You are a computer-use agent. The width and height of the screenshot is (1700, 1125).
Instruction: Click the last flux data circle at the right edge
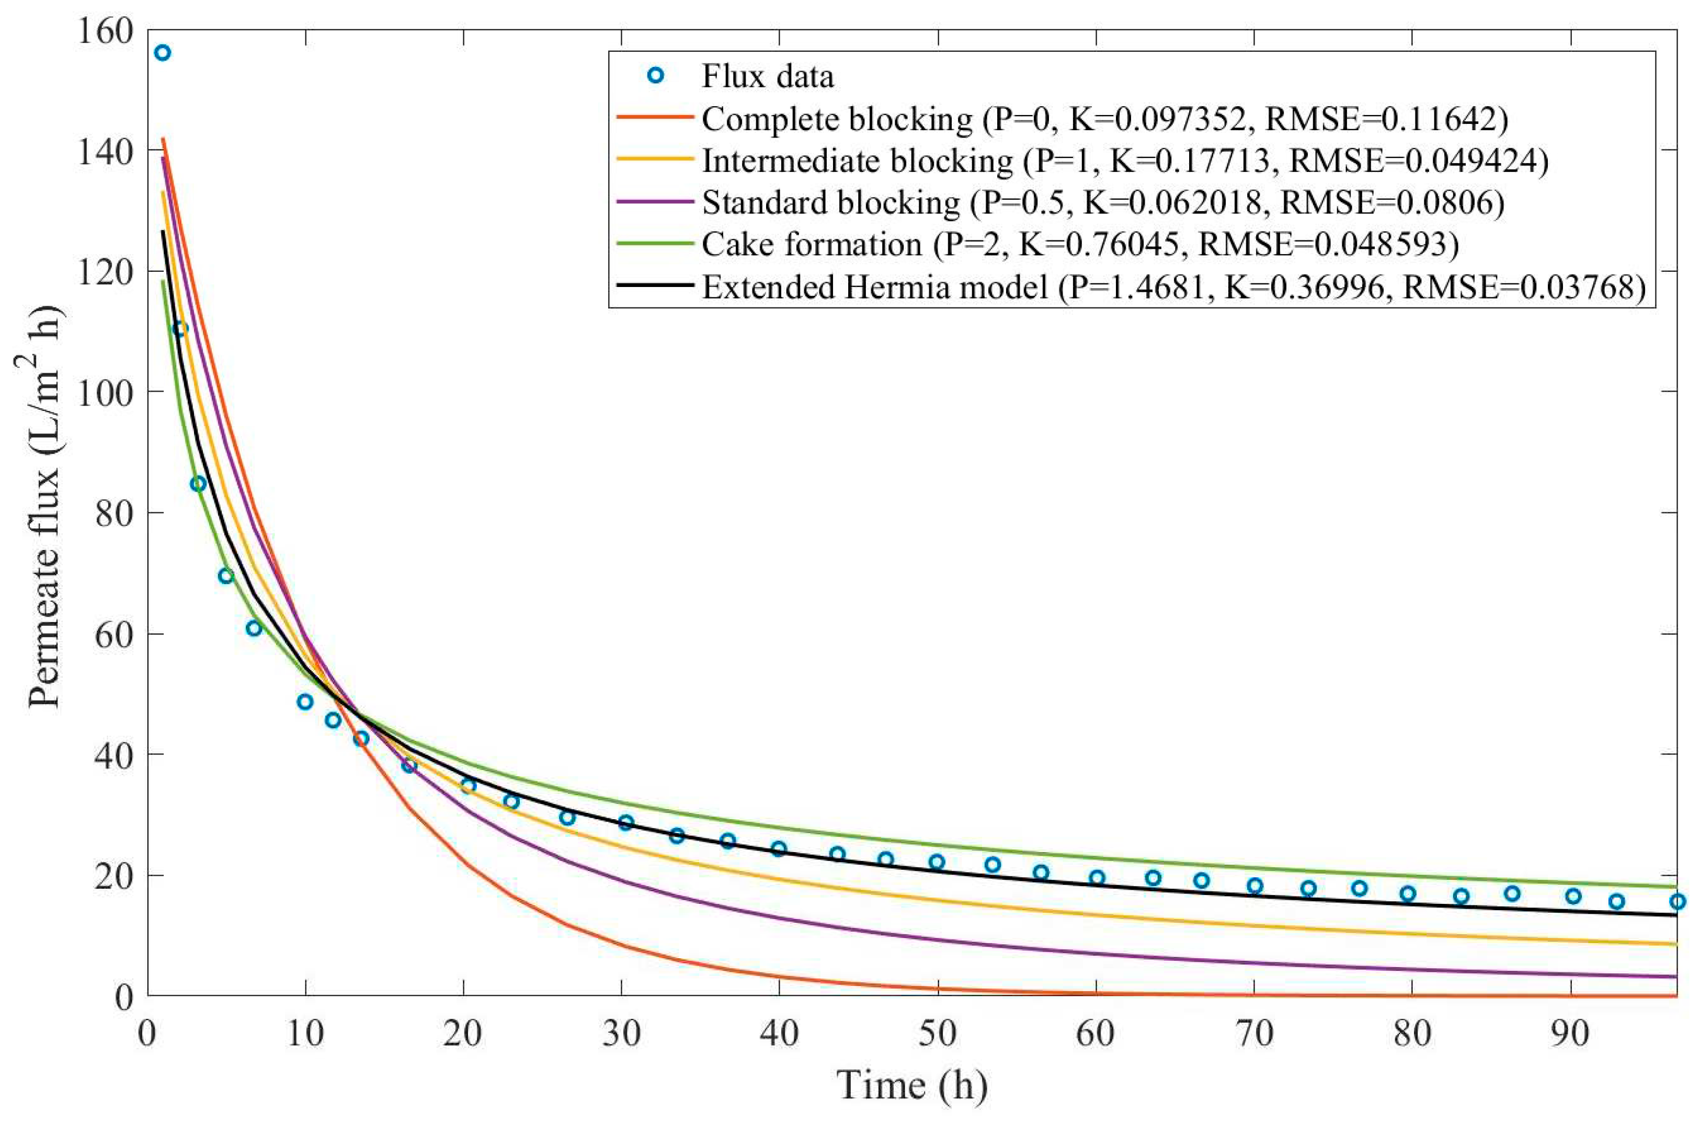(1677, 901)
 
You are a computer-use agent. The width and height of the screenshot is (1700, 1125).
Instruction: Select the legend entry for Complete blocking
(1104, 119)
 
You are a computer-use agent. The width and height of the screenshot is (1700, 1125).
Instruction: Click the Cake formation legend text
(1079, 245)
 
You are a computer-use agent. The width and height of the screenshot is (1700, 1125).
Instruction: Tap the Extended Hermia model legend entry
(1172, 287)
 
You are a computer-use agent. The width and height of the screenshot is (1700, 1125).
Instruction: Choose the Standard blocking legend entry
(1102, 203)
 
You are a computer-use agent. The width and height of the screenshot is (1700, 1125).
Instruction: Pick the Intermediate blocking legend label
(1124, 160)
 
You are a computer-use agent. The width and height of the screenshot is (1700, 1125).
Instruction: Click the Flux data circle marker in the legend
(655, 76)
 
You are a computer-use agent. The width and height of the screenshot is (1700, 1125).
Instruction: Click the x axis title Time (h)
(911, 1086)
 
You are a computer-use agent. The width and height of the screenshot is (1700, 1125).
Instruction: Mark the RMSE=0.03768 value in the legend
(1523, 287)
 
